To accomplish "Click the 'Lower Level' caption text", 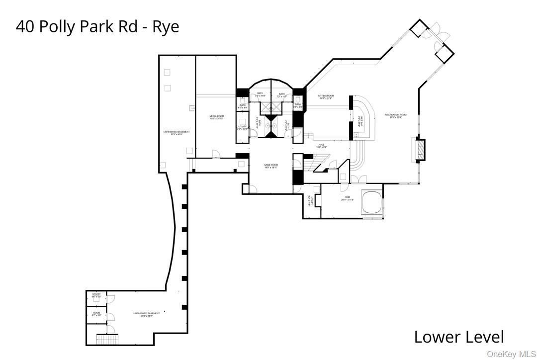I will coord(458,337).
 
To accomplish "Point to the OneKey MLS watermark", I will coord(512,354).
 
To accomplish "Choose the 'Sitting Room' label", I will coord(326,97).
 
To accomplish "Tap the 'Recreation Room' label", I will coord(395,116).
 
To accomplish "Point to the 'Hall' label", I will coord(321,146).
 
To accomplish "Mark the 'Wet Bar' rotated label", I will coord(360,121).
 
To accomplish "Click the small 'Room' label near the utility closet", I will coord(96,314).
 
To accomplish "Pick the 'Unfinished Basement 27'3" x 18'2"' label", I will coord(146,314).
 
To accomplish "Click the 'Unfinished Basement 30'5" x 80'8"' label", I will coord(177,133).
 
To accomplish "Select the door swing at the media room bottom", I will coord(215,155).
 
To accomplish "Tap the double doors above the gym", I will coord(358,179).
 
